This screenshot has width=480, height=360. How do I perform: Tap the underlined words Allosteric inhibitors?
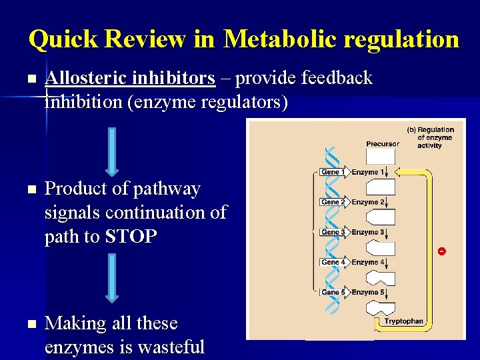(130, 79)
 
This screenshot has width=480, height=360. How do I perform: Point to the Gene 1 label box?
(333, 172)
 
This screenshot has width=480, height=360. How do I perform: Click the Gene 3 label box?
(333, 232)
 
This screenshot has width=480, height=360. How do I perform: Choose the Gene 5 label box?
(333, 292)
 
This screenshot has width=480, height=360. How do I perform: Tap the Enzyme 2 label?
(368, 202)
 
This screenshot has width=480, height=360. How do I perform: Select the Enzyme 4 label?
(368, 262)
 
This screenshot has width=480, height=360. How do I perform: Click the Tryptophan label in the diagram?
(403, 321)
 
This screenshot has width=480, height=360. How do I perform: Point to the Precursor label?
(383, 143)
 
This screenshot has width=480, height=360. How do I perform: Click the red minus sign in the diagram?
(441, 251)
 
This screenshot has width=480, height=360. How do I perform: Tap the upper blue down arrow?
(112, 152)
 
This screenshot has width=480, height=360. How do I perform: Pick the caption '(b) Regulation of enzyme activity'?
(431, 137)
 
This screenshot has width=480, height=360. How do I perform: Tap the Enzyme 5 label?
(368, 292)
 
